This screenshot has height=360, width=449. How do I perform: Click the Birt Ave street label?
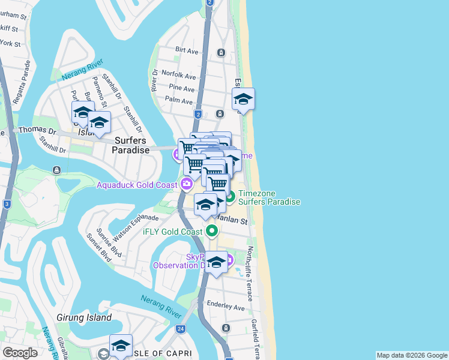(x=187, y=52)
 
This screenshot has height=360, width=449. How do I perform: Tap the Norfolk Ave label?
(x=182, y=76)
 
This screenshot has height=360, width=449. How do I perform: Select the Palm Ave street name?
(x=179, y=101)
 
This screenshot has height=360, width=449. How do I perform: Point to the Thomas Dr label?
(x=37, y=130)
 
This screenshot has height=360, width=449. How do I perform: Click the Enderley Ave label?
(x=226, y=307)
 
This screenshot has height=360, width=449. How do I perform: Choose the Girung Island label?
(x=83, y=317)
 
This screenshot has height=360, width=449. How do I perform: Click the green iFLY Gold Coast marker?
(x=211, y=230)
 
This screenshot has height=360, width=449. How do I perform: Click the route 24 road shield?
(x=181, y=329)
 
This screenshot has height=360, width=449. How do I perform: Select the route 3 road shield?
(x=7, y=204)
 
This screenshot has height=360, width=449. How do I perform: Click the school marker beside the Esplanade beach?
(x=243, y=99)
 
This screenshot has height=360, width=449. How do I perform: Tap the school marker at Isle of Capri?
(x=121, y=346)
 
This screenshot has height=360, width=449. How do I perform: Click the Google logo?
(x=20, y=353)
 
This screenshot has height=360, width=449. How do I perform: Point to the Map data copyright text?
(x=411, y=355)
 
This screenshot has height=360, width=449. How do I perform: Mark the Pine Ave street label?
(x=182, y=88)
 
